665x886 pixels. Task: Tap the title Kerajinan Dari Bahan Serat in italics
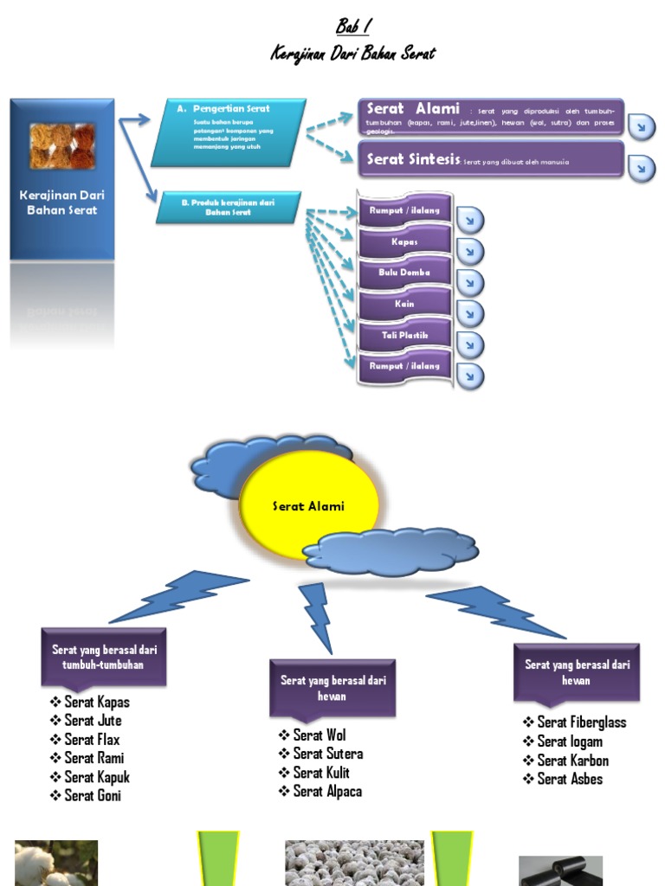pyautogui.click(x=352, y=54)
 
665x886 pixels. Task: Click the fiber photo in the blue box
pyautogui.click(x=61, y=145)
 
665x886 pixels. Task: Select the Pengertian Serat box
pyautogui.click(x=229, y=132)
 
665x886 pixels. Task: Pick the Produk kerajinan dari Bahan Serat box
pyautogui.click(x=228, y=207)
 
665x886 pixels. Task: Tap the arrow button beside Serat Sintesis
pyautogui.click(x=641, y=167)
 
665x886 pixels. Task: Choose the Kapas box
pyautogui.click(x=404, y=241)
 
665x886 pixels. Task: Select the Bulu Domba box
pyautogui.click(x=404, y=273)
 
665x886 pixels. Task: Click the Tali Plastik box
pyautogui.click(x=404, y=335)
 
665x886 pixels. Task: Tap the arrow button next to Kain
pyautogui.click(x=469, y=313)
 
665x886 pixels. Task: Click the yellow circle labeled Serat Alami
pyautogui.click(x=308, y=506)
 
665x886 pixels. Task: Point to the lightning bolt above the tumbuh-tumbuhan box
pyautogui.click(x=182, y=597)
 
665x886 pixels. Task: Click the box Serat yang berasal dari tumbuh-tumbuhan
pyautogui.click(x=103, y=657)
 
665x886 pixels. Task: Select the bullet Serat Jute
pyautogui.click(x=93, y=721)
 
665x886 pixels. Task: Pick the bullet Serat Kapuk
pyautogui.click(x=96, y=777)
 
